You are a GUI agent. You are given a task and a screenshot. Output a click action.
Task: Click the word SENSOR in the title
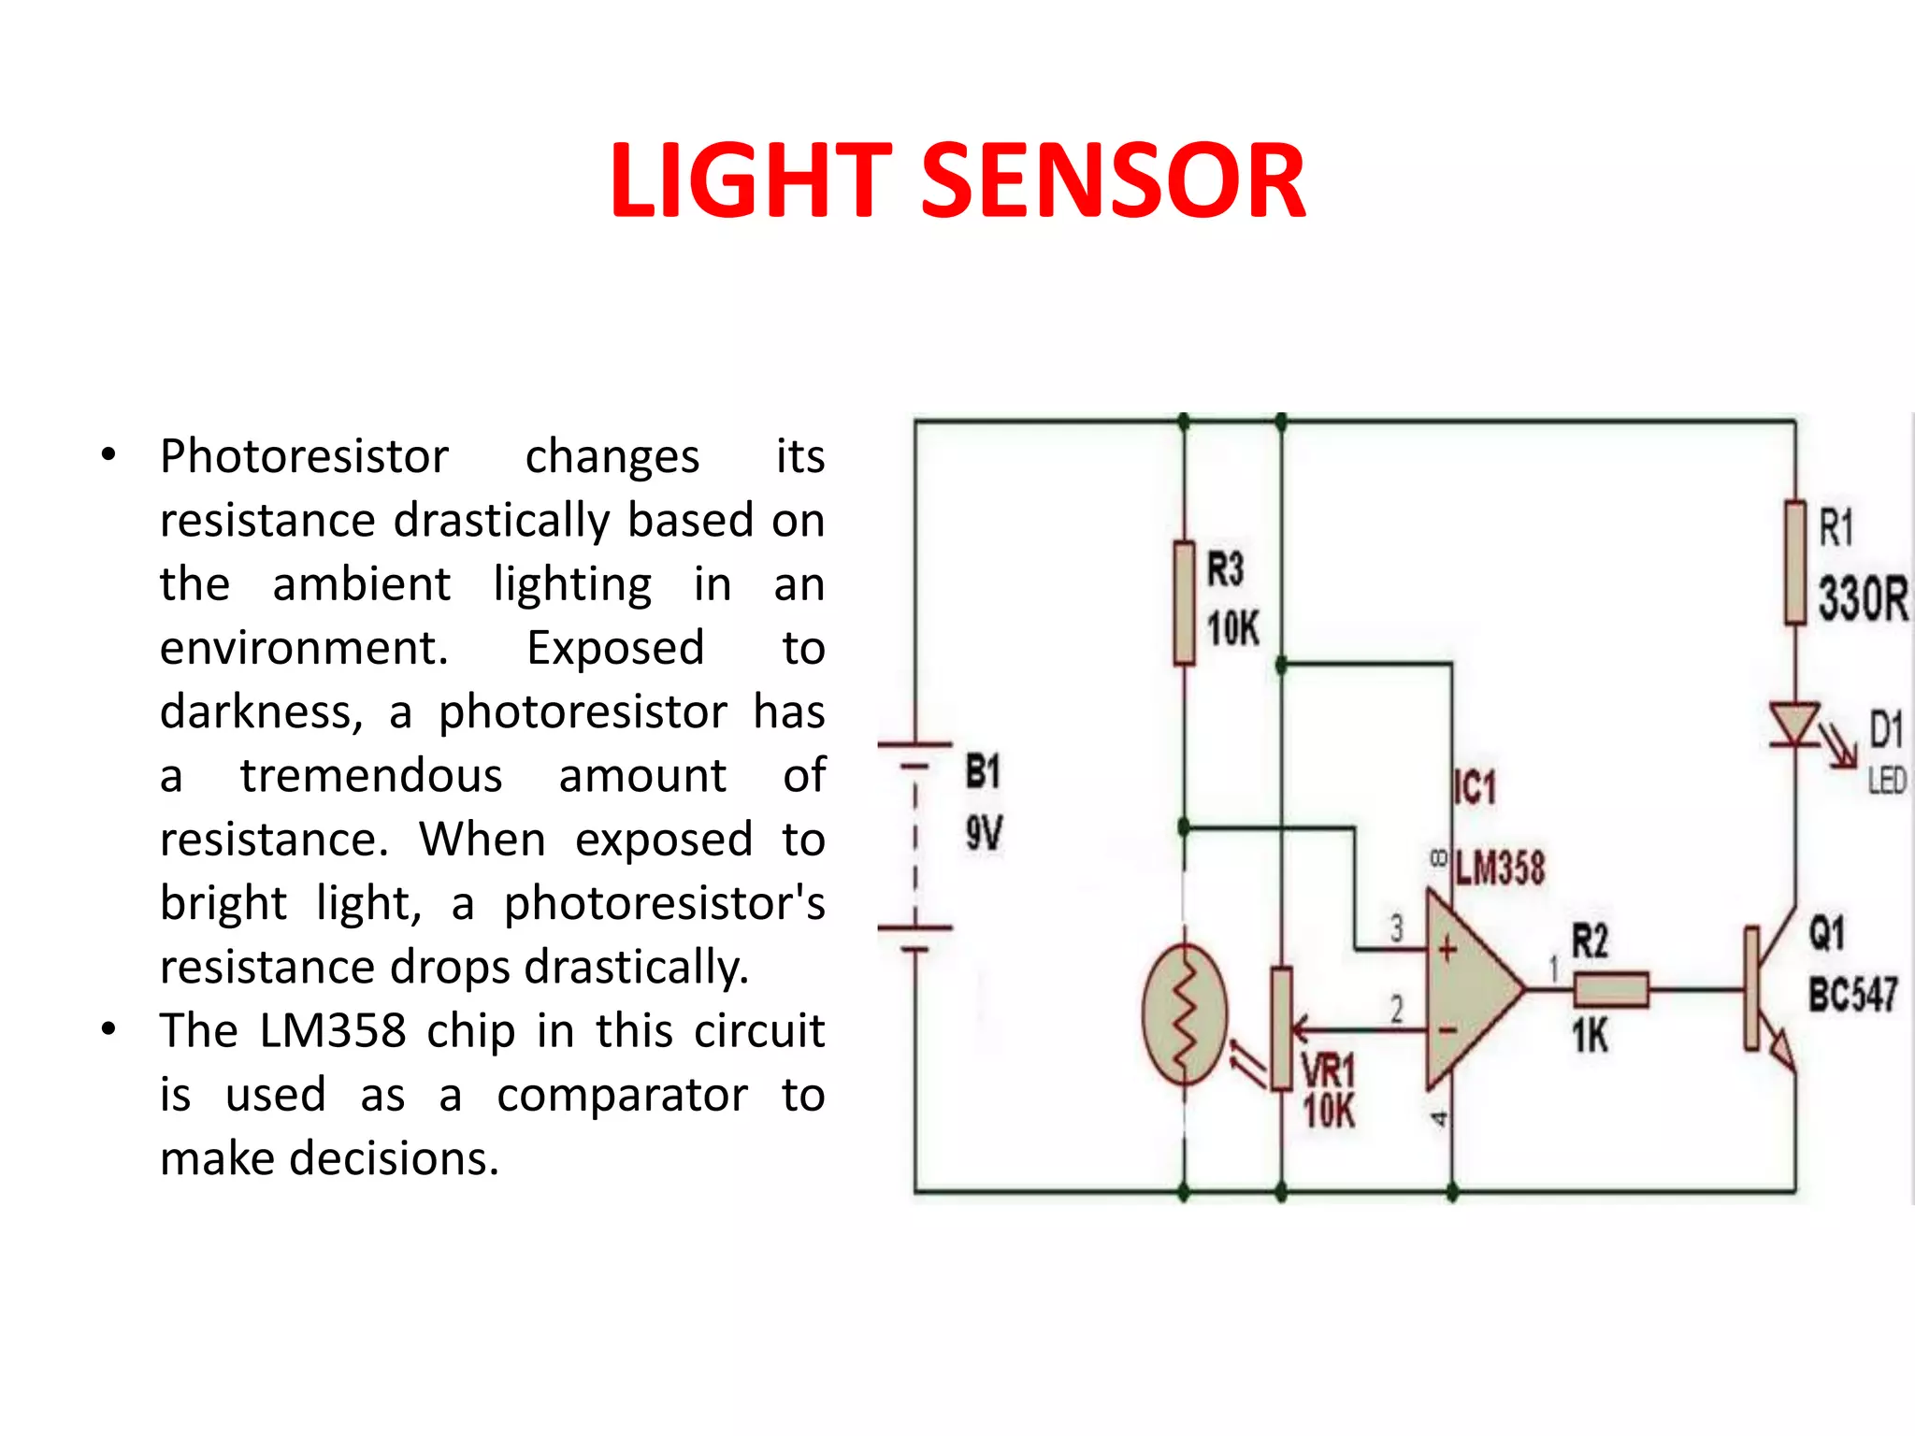1114,181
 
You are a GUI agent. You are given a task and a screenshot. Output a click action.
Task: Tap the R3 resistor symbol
1184,603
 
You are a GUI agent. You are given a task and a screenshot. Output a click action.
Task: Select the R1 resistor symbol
1794,562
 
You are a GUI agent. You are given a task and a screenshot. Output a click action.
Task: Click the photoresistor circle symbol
1185,1014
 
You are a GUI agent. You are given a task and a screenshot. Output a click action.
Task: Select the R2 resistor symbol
1610,989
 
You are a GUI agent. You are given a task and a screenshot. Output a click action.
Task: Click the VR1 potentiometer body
1281,1028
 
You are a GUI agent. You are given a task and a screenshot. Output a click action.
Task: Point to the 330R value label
1862,599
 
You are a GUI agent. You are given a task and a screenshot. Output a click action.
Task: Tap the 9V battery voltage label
984,833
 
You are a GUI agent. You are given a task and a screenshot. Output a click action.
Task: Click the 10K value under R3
1232,628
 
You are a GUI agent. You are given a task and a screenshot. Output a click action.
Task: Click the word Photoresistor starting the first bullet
304,457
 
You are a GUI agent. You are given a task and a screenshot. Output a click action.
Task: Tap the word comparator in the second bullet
622,1096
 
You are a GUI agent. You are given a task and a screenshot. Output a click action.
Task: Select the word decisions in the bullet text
394,1159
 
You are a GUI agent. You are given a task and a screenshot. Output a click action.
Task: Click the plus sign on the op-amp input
1447,950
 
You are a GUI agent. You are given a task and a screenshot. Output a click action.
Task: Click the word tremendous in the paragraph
371,776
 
